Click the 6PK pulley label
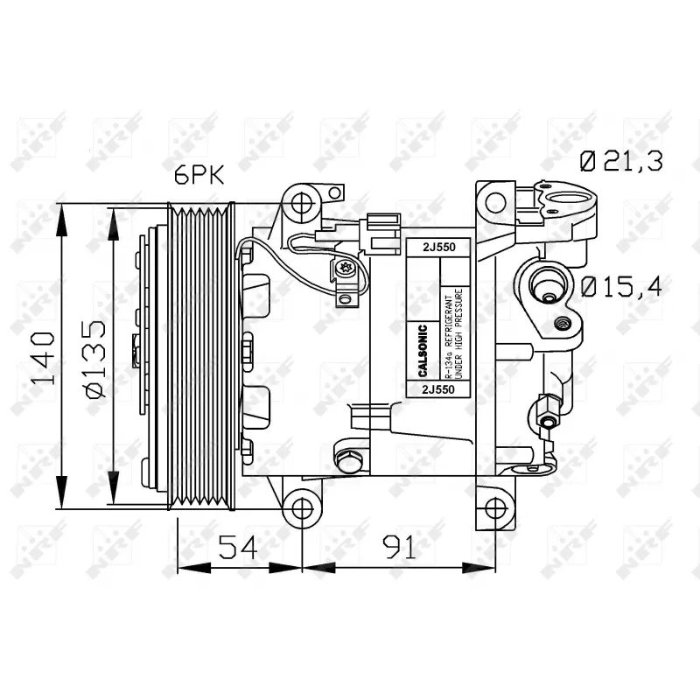(199, 176)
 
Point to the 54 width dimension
(238, 547)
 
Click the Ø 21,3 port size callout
(621, 160)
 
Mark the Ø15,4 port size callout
(621, 285)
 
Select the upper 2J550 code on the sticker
(438, 248)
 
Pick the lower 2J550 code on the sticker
(438, 388)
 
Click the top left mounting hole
(302, 202)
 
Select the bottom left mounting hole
(302, 507)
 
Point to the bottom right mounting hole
(495, 507)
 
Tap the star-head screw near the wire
(343, 268)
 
